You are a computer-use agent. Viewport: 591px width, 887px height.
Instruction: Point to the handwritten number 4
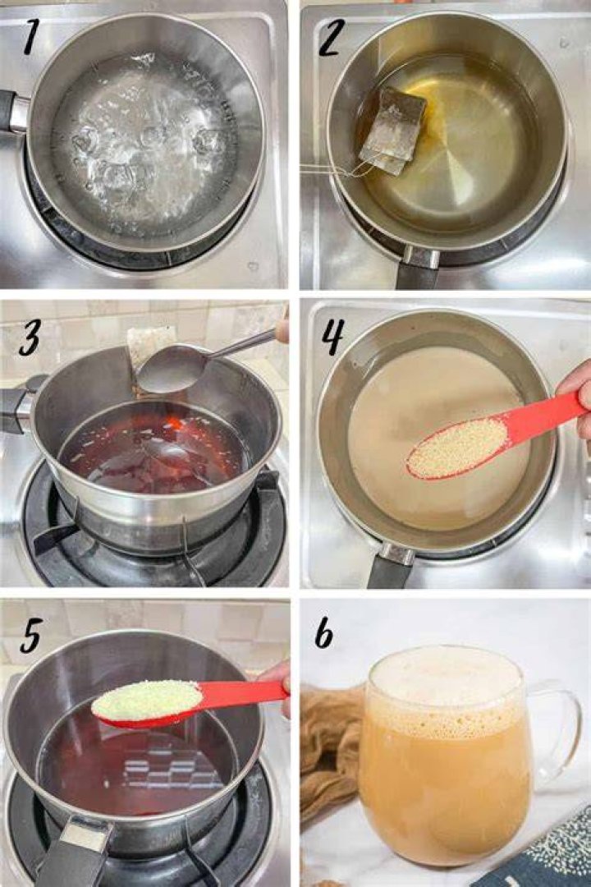(332, 335)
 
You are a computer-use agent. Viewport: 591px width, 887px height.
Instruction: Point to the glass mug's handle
(560, 730)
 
